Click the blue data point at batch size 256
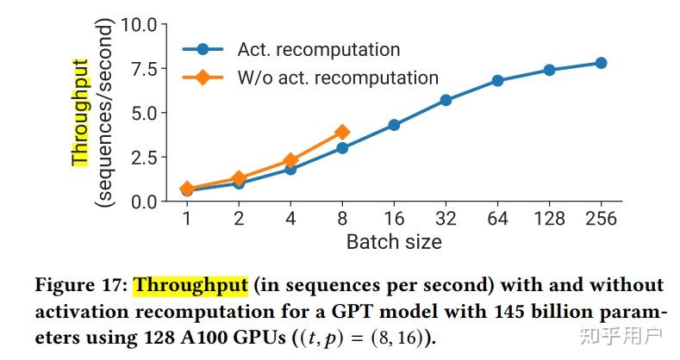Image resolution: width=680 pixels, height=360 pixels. [601, 63]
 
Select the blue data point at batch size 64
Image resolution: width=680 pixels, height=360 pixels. [497, 81]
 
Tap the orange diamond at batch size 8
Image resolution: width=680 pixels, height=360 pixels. [342, 132]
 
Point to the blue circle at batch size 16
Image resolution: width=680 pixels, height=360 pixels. [394, 125]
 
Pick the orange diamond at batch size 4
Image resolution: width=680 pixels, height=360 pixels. [290, 161]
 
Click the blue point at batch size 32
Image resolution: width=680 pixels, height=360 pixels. [446, 100]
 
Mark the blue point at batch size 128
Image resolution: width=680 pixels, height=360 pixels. [549, 70]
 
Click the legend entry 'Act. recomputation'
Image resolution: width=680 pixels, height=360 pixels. [319, 49]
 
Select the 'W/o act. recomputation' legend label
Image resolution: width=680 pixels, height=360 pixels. [338, 78]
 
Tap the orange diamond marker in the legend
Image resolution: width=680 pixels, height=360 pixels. [203, 78]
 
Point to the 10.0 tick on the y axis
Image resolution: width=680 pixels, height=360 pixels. [139, 25]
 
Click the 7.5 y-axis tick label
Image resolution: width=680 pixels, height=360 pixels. [144, 69]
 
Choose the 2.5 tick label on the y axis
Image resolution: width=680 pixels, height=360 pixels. [144, 158]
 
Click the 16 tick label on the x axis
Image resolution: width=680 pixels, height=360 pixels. [394, 219]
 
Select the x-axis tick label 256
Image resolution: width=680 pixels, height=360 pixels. [601, 219]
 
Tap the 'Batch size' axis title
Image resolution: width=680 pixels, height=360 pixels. [394, 242]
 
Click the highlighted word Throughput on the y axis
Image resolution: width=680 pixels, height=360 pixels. [80, 113]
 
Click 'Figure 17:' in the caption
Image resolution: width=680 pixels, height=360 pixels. [81, 286]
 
